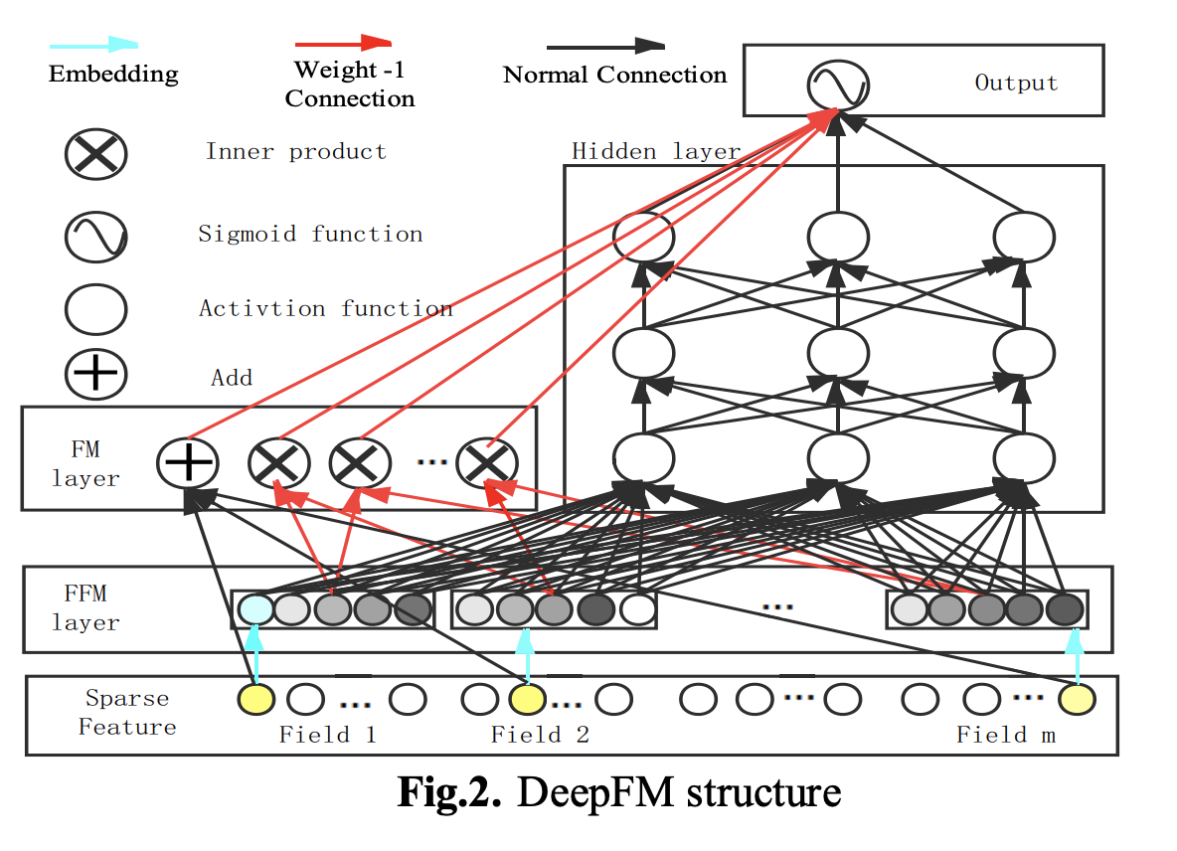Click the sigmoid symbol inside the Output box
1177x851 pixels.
[838, 85]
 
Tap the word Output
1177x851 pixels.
[1016, 84]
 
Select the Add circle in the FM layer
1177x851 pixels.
[188, 462]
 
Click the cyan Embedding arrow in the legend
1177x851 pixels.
[94, 46]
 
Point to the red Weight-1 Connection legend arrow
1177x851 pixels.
[343, 44]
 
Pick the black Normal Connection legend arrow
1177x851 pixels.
[605, 46]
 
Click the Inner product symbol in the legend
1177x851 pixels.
[95, 155]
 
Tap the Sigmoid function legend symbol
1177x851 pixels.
[95, 236]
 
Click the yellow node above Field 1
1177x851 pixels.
[255, 700]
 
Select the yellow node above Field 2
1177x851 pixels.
[527, 700]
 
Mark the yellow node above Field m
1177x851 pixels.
[1076, 700]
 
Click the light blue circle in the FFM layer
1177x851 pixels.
[255, 608]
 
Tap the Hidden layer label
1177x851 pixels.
[655, 152]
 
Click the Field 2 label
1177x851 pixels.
[540, 736]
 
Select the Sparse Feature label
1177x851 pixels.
[127, 713]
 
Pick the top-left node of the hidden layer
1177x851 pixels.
[643, 238]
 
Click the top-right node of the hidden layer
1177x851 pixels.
[1024, 238]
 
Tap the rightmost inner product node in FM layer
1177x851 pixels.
[487, 462]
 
